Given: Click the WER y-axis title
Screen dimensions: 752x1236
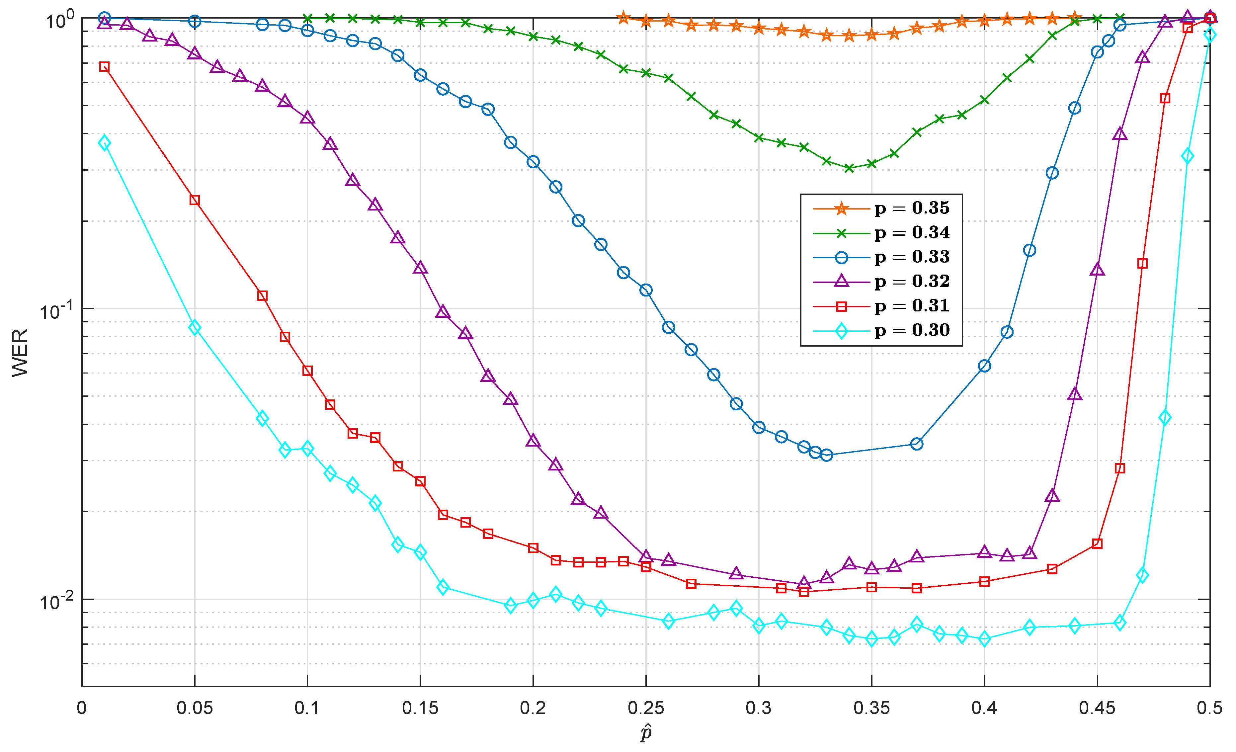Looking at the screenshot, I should [x=20, y=352].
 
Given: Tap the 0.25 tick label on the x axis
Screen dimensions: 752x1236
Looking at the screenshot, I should [x=646, y=709].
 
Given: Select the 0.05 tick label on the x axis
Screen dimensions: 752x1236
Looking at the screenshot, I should [x=195, y=709].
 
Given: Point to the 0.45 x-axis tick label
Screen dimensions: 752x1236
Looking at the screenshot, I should [x=1097, y=709].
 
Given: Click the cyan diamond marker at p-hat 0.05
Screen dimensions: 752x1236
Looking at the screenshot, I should [x=195, y=328].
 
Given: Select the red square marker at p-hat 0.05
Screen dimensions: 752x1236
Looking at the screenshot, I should [x=195, y=200].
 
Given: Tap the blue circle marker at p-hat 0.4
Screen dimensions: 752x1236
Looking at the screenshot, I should [x=984, y=366].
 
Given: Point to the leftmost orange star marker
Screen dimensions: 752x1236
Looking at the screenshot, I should [x=623, y=18].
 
